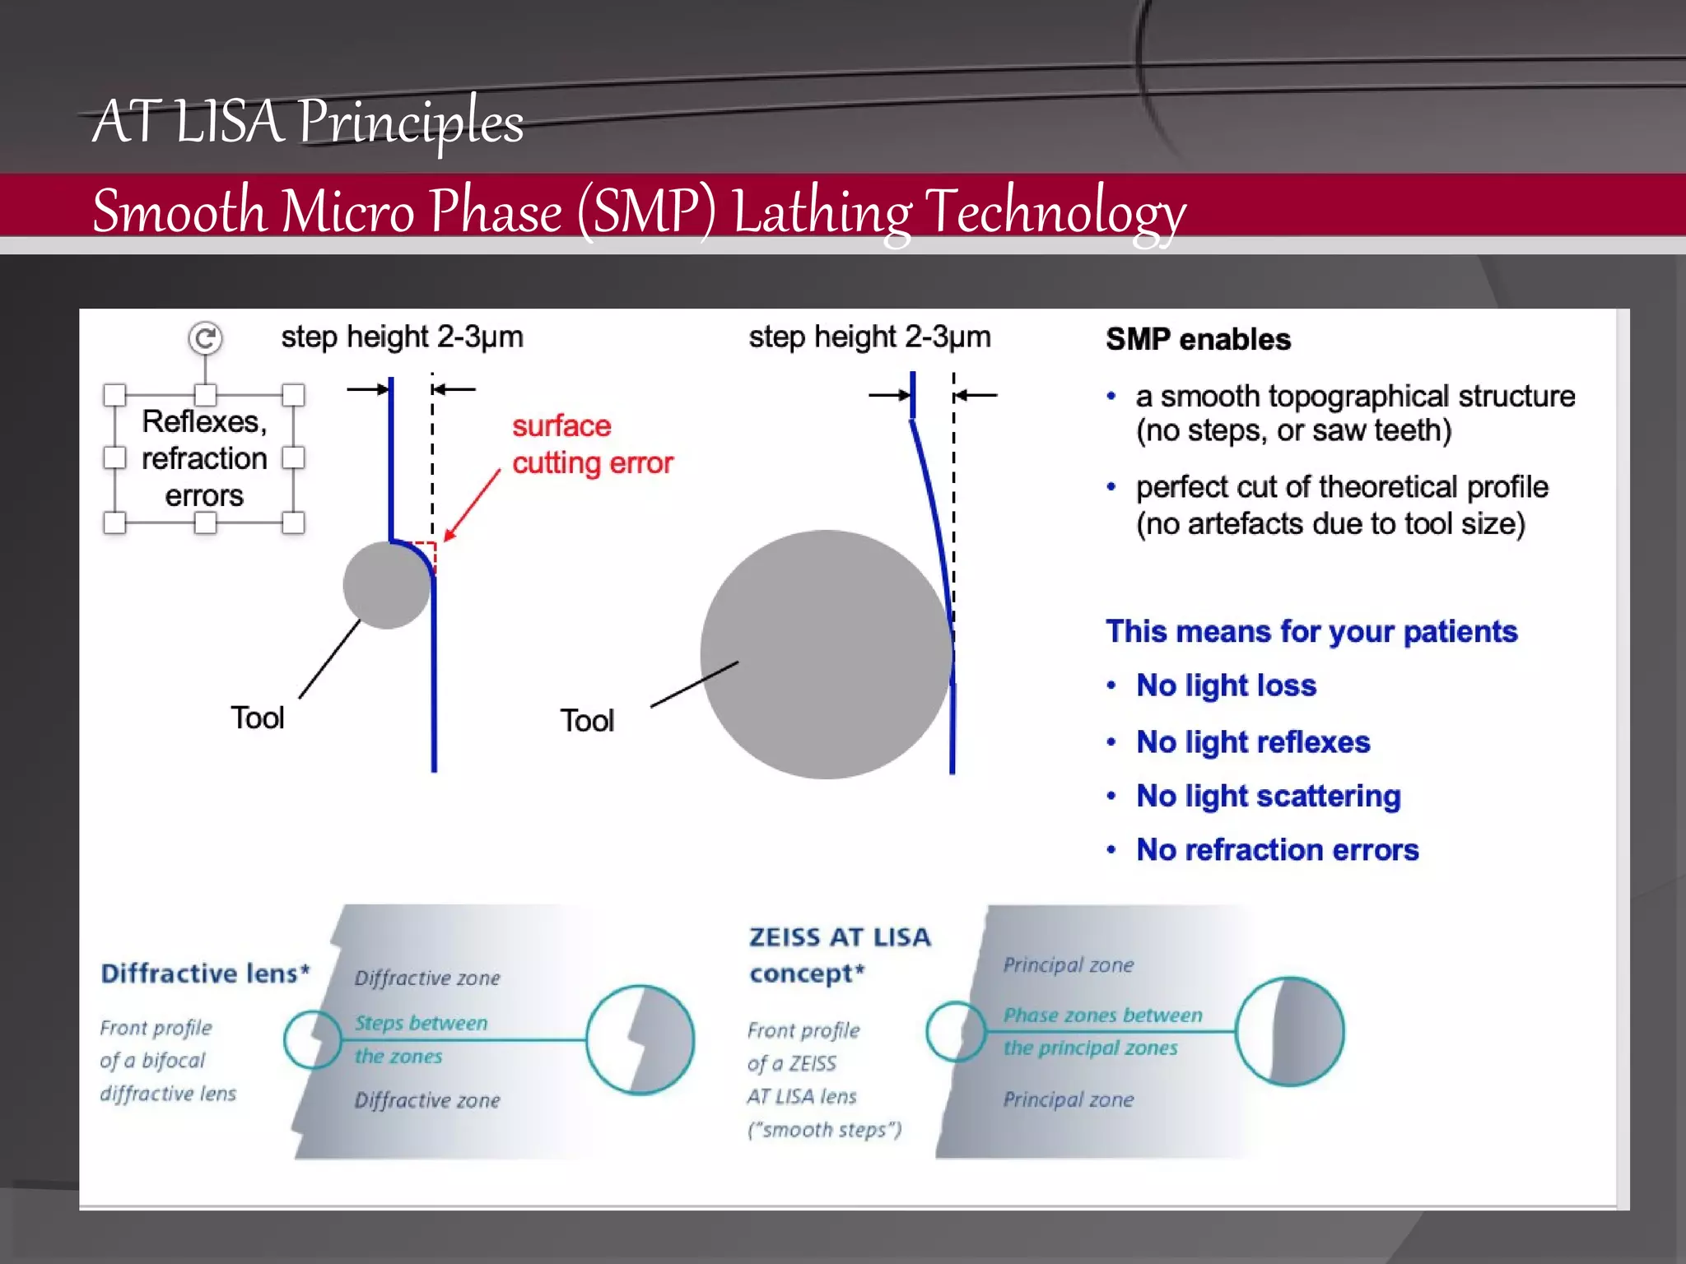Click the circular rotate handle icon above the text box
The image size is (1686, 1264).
205,338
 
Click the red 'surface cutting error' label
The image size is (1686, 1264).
592,444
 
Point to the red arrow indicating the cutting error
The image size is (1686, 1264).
472,505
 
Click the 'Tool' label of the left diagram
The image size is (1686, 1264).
258,718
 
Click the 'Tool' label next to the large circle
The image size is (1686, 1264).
587,721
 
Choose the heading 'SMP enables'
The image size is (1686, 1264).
1198,339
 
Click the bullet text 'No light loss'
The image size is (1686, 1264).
1226,685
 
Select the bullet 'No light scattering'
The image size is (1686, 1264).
1268,797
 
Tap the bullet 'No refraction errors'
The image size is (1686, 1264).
1277,850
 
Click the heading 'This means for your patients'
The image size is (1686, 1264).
1311,632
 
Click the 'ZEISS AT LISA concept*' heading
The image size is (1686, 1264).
839,955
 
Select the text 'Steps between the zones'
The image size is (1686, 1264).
420,1039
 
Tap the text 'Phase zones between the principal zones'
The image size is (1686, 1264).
1101,1032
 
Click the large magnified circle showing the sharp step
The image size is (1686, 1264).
640,1039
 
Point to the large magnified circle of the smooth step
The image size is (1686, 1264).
1289,1032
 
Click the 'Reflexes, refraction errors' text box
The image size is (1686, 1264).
204,458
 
